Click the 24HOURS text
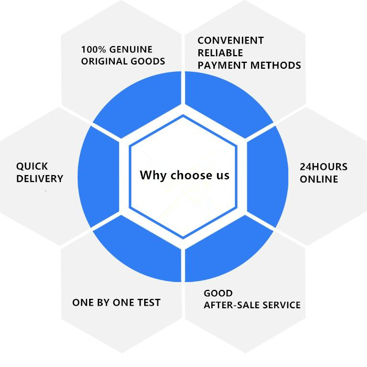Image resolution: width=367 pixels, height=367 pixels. coord(323,167)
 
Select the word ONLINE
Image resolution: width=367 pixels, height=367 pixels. coord(318,179)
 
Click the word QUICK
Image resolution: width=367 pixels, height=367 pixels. coord(32,166)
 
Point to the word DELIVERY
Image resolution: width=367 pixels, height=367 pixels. coord(39,179)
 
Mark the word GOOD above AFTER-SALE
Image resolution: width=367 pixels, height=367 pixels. coord(218,293)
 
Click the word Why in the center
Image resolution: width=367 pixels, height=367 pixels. coord(150,175)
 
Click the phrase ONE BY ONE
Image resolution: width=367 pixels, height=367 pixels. coord(101,303)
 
